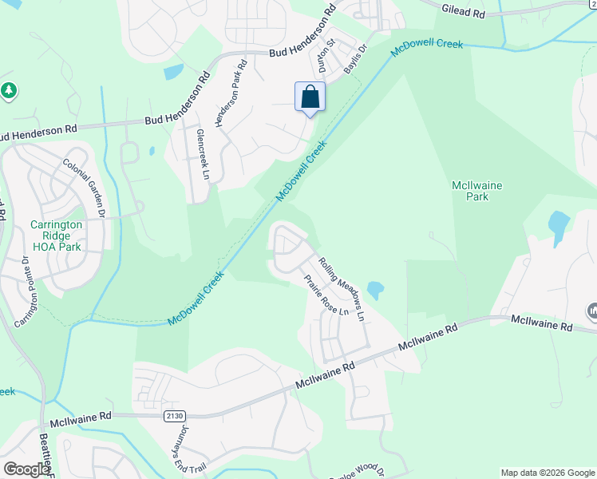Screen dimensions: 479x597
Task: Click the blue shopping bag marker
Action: tap(310, 98)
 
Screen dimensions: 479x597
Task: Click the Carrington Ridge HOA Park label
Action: tap(56, 236)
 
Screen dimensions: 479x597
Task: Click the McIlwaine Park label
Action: tap(476, 191)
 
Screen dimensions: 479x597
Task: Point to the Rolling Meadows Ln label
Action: tap(342, 288)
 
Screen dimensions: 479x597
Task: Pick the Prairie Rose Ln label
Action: tap(326, 295)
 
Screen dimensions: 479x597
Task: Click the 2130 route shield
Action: tap(174, 416)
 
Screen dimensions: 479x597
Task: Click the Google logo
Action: tap(26, 469)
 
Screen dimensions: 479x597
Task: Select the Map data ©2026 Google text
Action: tap(547, 473)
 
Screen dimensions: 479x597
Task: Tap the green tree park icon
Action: tap(9, 91)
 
